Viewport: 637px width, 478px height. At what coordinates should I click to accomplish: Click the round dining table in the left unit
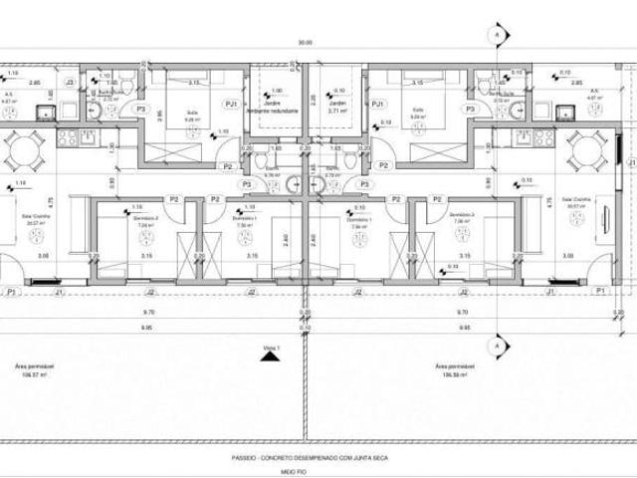pyautogui.click(x=21, y=153)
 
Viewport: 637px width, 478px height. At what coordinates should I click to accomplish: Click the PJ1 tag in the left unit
pyautogui.click(x=231, y=104)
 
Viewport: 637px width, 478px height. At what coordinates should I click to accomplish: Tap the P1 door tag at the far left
pyautogui.click(x=11, y=291)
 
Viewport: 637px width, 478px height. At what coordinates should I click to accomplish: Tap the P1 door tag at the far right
pyautogui.click(x=600, y=291)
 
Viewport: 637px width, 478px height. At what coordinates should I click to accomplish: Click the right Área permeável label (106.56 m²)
pyautogui.click(x=450, y=369)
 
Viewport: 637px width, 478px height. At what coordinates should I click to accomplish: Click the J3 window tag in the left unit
pyautogui.click(x=69, y=82)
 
